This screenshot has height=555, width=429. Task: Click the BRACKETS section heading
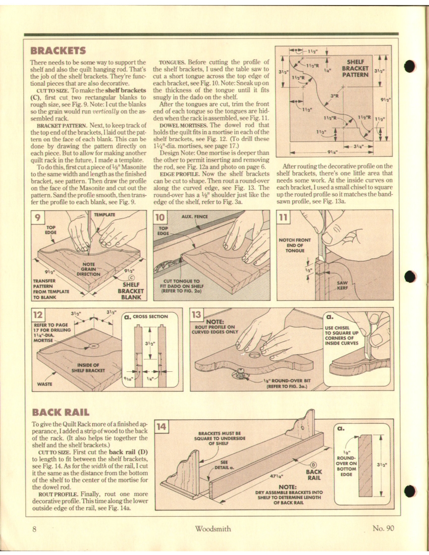point(58,50)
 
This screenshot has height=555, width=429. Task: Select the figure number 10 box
point(159,218)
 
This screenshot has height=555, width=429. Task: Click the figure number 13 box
point(196,316)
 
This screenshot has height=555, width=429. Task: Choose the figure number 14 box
point(161,426)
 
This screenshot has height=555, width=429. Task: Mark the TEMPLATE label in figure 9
point(105,214)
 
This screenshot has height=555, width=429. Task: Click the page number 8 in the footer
point(34,529)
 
